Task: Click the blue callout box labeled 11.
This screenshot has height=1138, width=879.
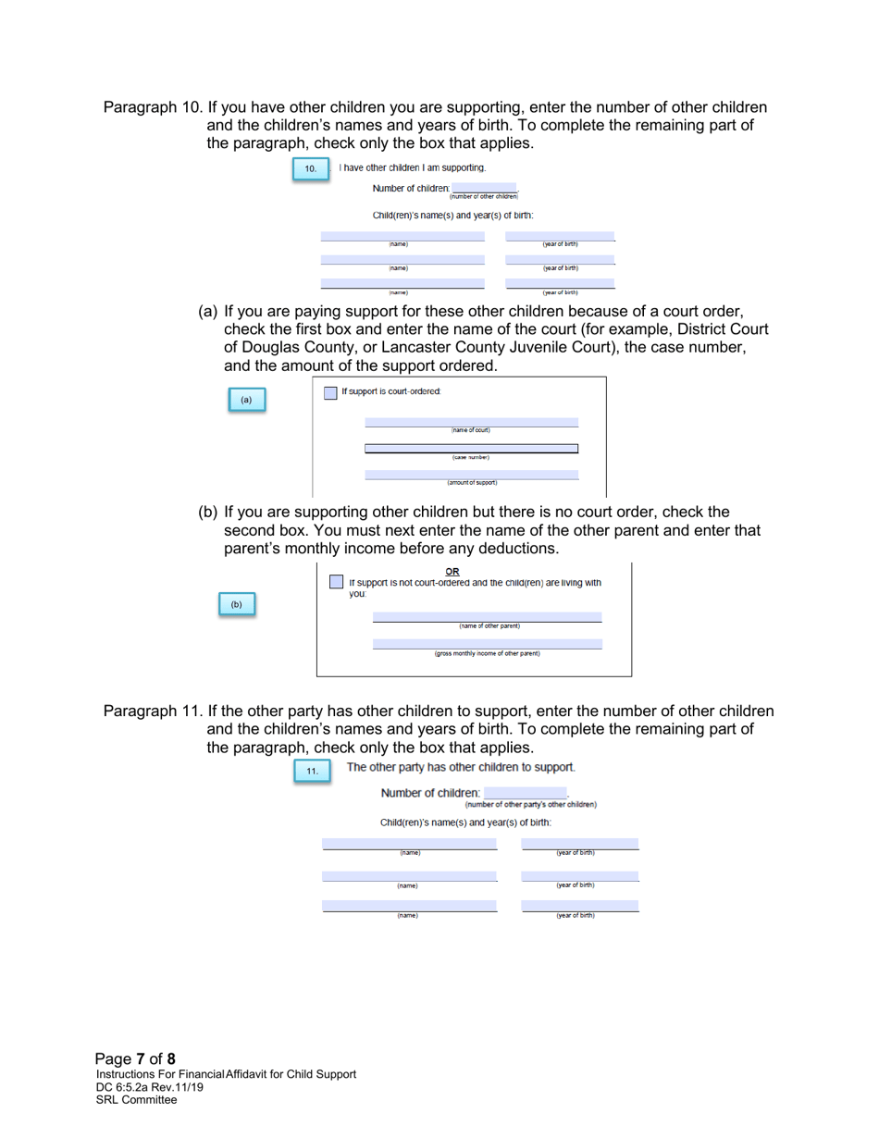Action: tap(313, 770)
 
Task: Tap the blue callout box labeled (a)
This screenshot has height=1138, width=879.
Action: tap(245, 400)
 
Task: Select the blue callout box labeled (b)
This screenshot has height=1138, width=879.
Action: tap(236, 604)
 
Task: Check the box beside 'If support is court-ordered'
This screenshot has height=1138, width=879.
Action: tap(330, 392)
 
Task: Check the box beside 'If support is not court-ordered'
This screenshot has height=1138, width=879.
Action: tap(337, 581)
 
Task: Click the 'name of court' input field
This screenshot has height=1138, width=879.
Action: tap(471, 422)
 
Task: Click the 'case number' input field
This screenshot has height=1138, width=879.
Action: tap(471, 448)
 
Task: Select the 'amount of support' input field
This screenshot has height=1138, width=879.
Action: tap(471, 474)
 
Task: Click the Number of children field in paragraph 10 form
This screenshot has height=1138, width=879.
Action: tap(484, 188)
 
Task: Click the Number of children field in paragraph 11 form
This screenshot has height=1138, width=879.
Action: tap(525, 793)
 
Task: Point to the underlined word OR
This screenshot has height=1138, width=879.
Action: tap(452, 569)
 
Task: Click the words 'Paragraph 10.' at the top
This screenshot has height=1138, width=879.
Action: tap(152, 107)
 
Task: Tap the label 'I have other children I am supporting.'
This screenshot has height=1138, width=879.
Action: tap(411, 167)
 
